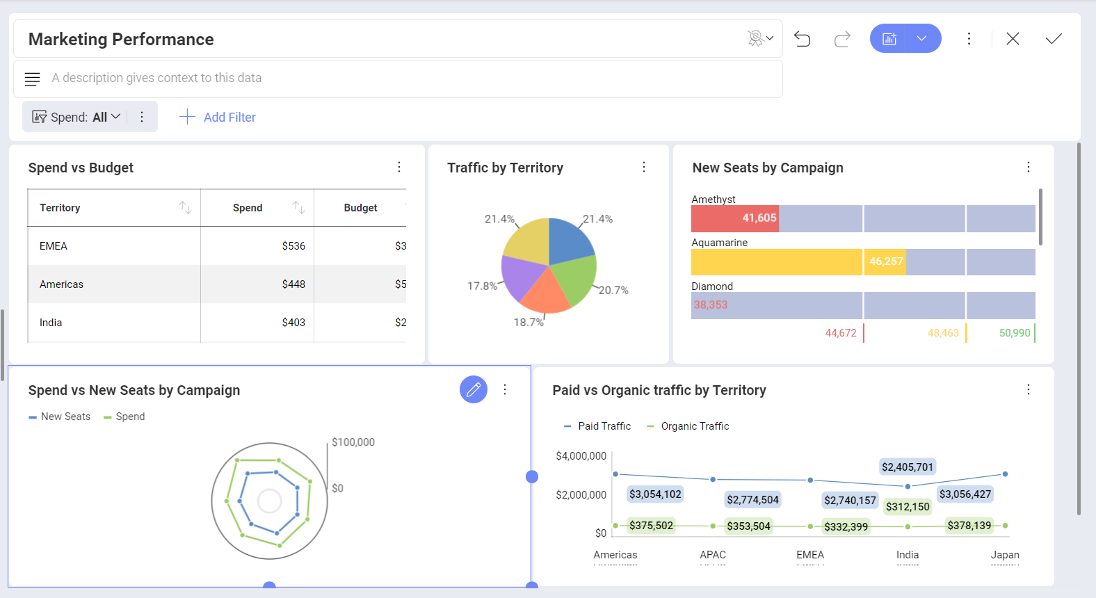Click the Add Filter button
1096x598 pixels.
pos(218,117)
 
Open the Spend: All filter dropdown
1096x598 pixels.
pos(78,117)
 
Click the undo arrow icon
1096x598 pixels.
pos(802,39)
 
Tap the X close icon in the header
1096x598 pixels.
pos(1013,39)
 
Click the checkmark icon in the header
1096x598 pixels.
pos(1054,39)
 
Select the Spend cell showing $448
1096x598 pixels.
pos(293,284)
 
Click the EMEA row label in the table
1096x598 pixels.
pos(54,246)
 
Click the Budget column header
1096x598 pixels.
pos(360,208)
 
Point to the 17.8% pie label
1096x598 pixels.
pos(482,286)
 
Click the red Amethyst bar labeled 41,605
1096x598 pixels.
pos(734,218)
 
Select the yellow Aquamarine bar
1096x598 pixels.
pos(776,262)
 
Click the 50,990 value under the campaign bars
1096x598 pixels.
pos(1014,333)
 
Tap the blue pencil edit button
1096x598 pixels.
pos(474,389)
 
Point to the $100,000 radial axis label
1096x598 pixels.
pos(353,442)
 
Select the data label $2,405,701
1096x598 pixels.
pos(907,467)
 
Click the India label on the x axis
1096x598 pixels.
pos(907,555)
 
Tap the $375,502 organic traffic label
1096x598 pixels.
pos(651,526)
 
